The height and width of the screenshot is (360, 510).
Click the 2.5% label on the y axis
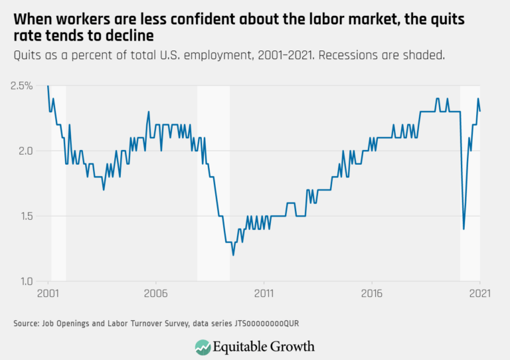23,86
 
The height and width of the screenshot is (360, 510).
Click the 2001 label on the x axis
48,293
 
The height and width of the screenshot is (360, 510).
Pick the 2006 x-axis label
155,293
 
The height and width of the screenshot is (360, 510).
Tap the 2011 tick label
264,293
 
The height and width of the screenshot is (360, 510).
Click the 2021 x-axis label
479,293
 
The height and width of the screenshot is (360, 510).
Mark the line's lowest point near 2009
233,255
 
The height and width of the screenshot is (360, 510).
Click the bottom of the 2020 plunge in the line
464,229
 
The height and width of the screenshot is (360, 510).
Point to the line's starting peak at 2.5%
48,86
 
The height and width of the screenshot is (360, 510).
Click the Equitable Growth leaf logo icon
203,346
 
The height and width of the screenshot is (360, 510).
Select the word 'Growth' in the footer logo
291,347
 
